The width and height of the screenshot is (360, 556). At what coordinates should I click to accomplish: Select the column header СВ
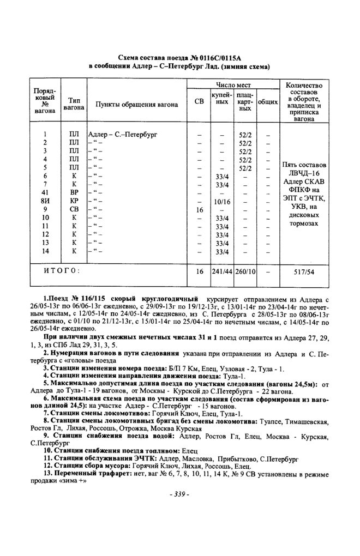point(198,102)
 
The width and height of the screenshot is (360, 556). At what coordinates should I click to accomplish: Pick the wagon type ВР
point(74,192)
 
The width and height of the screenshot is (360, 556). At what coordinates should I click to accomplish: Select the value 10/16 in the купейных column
point(221,201)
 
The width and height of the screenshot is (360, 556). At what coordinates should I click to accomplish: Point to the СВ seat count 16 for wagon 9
point(198,209)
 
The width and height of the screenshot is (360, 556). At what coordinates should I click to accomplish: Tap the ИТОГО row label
point(62,270)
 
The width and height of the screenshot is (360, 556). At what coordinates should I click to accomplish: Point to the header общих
point(268,102)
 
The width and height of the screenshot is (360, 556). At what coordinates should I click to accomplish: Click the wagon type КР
point(74,201)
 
